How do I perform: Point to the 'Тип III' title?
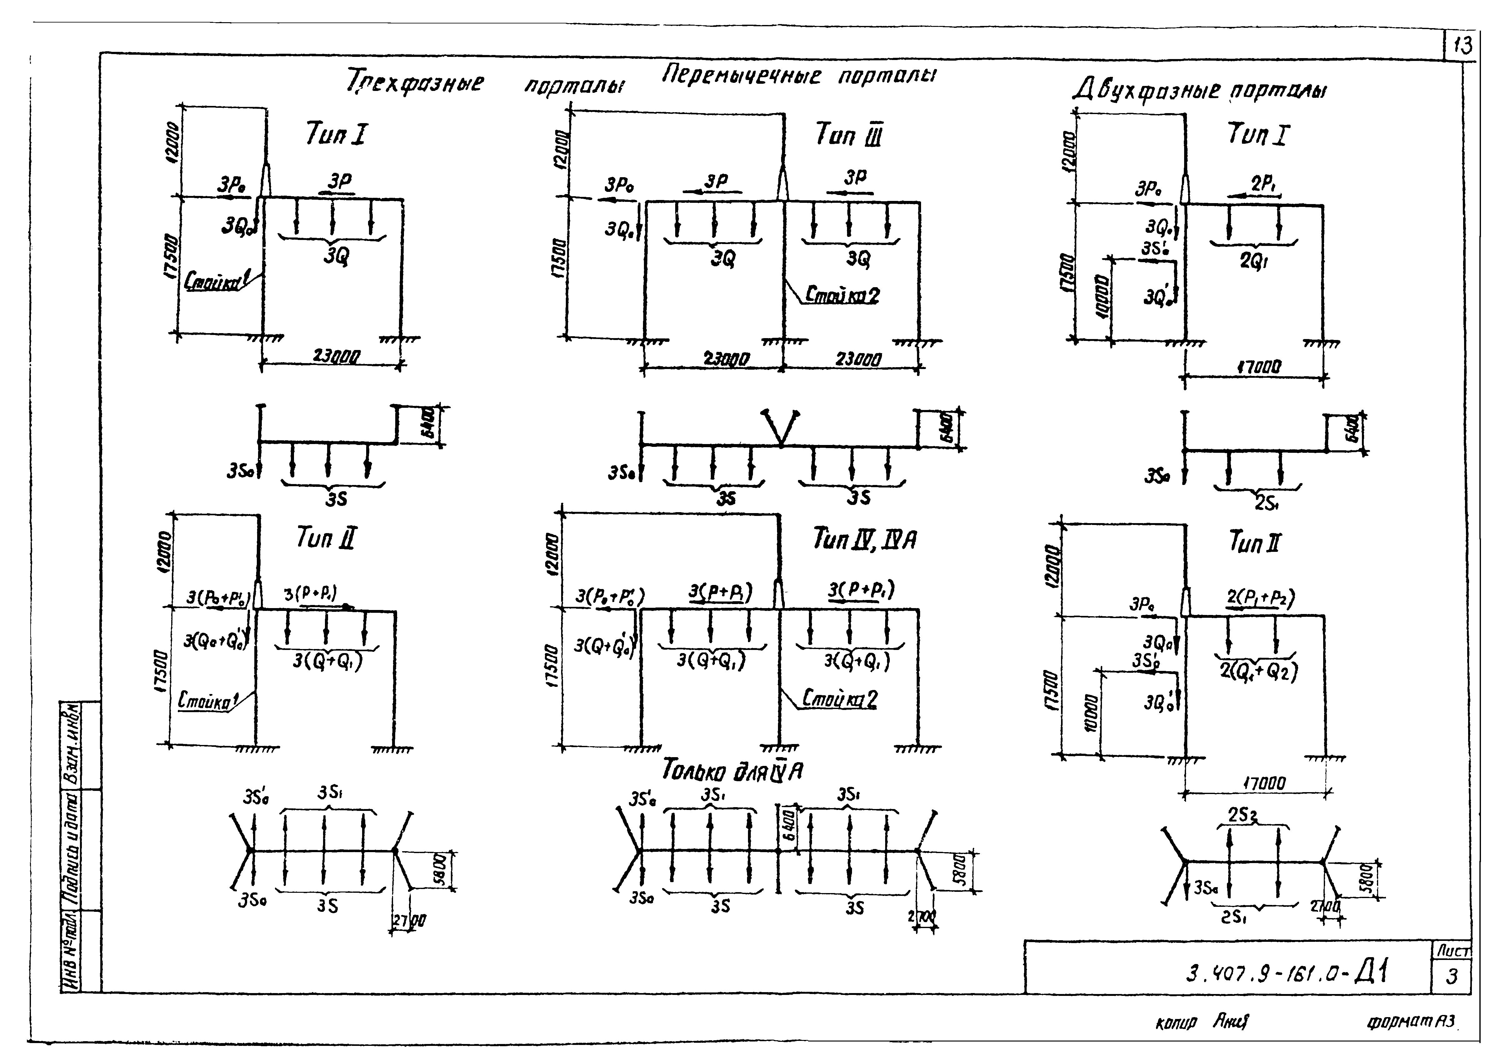[848, 136]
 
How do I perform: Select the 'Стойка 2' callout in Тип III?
[842, 295]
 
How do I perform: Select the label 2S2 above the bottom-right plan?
[1242, 816]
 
